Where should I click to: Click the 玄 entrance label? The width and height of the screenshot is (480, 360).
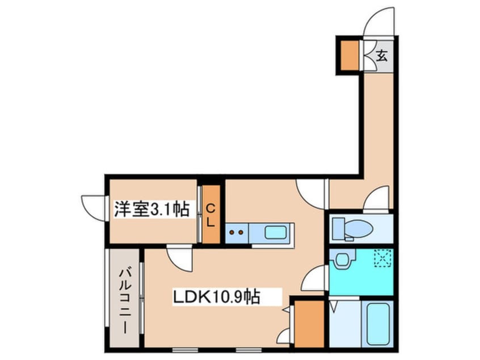(381, 56)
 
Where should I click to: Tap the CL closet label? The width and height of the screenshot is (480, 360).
(210, 216)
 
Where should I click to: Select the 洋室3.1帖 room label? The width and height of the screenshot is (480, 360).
(151, 209)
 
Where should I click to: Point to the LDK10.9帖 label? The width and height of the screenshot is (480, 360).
(217, 297)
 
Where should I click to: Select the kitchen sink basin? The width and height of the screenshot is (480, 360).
(276, 232)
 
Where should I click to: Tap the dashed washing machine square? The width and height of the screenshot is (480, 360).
(384, 258)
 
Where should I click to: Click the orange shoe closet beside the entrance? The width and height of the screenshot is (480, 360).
(350, 55)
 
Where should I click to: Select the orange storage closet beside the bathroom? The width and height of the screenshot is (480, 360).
(309, 324)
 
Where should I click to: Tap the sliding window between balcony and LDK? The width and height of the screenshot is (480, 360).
(142, 297)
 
